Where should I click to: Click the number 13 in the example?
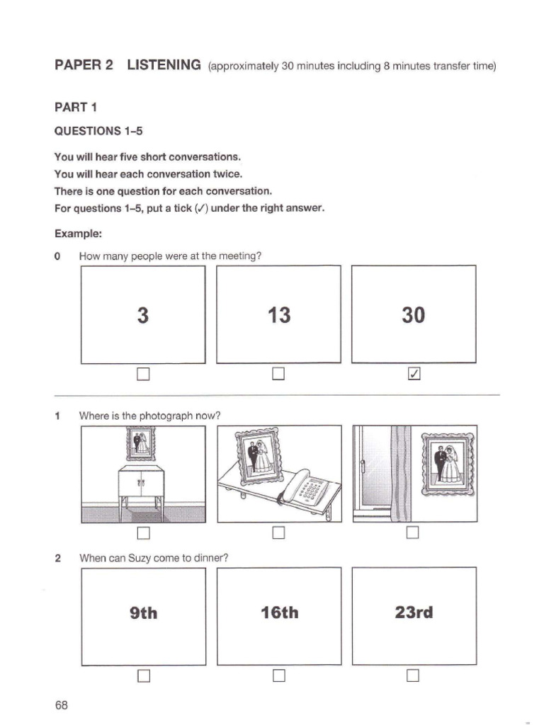(x=279, y=315)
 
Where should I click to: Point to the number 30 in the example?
(x=414, y=315)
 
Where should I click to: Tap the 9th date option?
(x=144, y=613)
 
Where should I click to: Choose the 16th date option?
(x=279, y=613)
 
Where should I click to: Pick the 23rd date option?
(x=414, y=612)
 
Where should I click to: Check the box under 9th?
(x=144, y=676)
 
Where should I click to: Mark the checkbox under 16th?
(x=279, y=676)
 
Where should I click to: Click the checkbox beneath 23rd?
(x=414, y=676)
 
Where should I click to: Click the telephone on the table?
(x=307, y=488)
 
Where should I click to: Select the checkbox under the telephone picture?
(x=279, y=532)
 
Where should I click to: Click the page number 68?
(x=62, y=705)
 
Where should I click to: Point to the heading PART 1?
(x=76, y=108)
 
